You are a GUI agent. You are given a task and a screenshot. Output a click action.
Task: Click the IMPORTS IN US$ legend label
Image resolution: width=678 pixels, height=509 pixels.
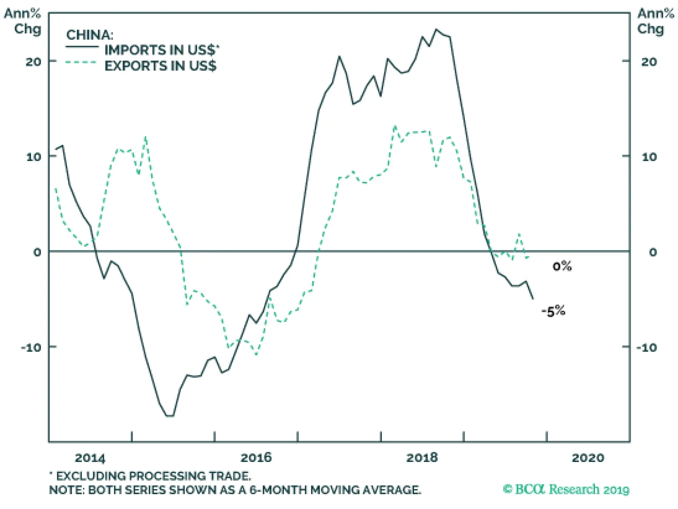pyautogui.click(x=161, y=50)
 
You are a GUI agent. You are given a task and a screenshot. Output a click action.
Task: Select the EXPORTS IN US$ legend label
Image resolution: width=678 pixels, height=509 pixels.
pyautogui.click(x=160, y=66)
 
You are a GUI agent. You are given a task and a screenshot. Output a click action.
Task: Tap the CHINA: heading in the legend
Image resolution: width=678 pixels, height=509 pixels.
pyautogui.click(x=90, y=35)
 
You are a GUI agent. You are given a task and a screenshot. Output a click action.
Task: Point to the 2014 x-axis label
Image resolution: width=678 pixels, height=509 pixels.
pyautogui.click(x=90, y=458)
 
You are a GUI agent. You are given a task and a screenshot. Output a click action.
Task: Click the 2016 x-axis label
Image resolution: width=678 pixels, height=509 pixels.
pyautogui.click(x=256, y=458)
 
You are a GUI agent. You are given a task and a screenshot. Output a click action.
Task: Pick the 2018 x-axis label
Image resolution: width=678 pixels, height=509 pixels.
pyautogui.click(x=422, y=458)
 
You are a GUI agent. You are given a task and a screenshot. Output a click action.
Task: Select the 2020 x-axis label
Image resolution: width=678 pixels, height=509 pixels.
pyautogui.click(x=588, y=458)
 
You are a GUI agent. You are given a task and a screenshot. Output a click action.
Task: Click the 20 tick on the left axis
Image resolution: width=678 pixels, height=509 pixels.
pyautogui.click(x=33, y=62)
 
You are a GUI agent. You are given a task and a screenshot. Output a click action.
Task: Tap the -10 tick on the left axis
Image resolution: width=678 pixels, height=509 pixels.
pyautogui.click(x=32, y=348)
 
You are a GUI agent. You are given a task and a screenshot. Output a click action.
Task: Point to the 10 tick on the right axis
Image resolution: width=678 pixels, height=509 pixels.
pyautogui.click(x=649, y=157)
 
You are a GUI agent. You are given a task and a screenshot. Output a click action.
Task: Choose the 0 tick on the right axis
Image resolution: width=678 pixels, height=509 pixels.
pyautogui.click(x=653, y=252)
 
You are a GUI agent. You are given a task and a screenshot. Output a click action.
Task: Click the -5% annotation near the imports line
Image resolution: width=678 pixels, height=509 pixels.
pyautogui.click(x=553, y=312)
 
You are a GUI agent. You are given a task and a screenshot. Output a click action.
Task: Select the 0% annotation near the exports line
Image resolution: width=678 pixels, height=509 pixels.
pyautogui.click(x=562, y=266)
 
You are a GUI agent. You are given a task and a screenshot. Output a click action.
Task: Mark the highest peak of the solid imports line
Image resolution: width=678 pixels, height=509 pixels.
pyautogui.click(x=436, y=30)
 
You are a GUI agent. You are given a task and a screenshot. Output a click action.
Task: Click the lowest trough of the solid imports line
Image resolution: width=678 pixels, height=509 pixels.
pyautogui.click(x=170, y=416)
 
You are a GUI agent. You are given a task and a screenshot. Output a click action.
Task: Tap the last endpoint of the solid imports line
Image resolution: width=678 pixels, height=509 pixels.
pyautogui.click(x=533, y=299)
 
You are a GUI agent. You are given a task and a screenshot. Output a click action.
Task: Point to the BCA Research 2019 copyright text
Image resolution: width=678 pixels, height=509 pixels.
pyautogui.click(x=566, y=490)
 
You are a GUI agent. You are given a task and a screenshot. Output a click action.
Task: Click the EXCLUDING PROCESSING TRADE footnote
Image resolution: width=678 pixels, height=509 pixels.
pyautogui.click(x=153, y=476)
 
